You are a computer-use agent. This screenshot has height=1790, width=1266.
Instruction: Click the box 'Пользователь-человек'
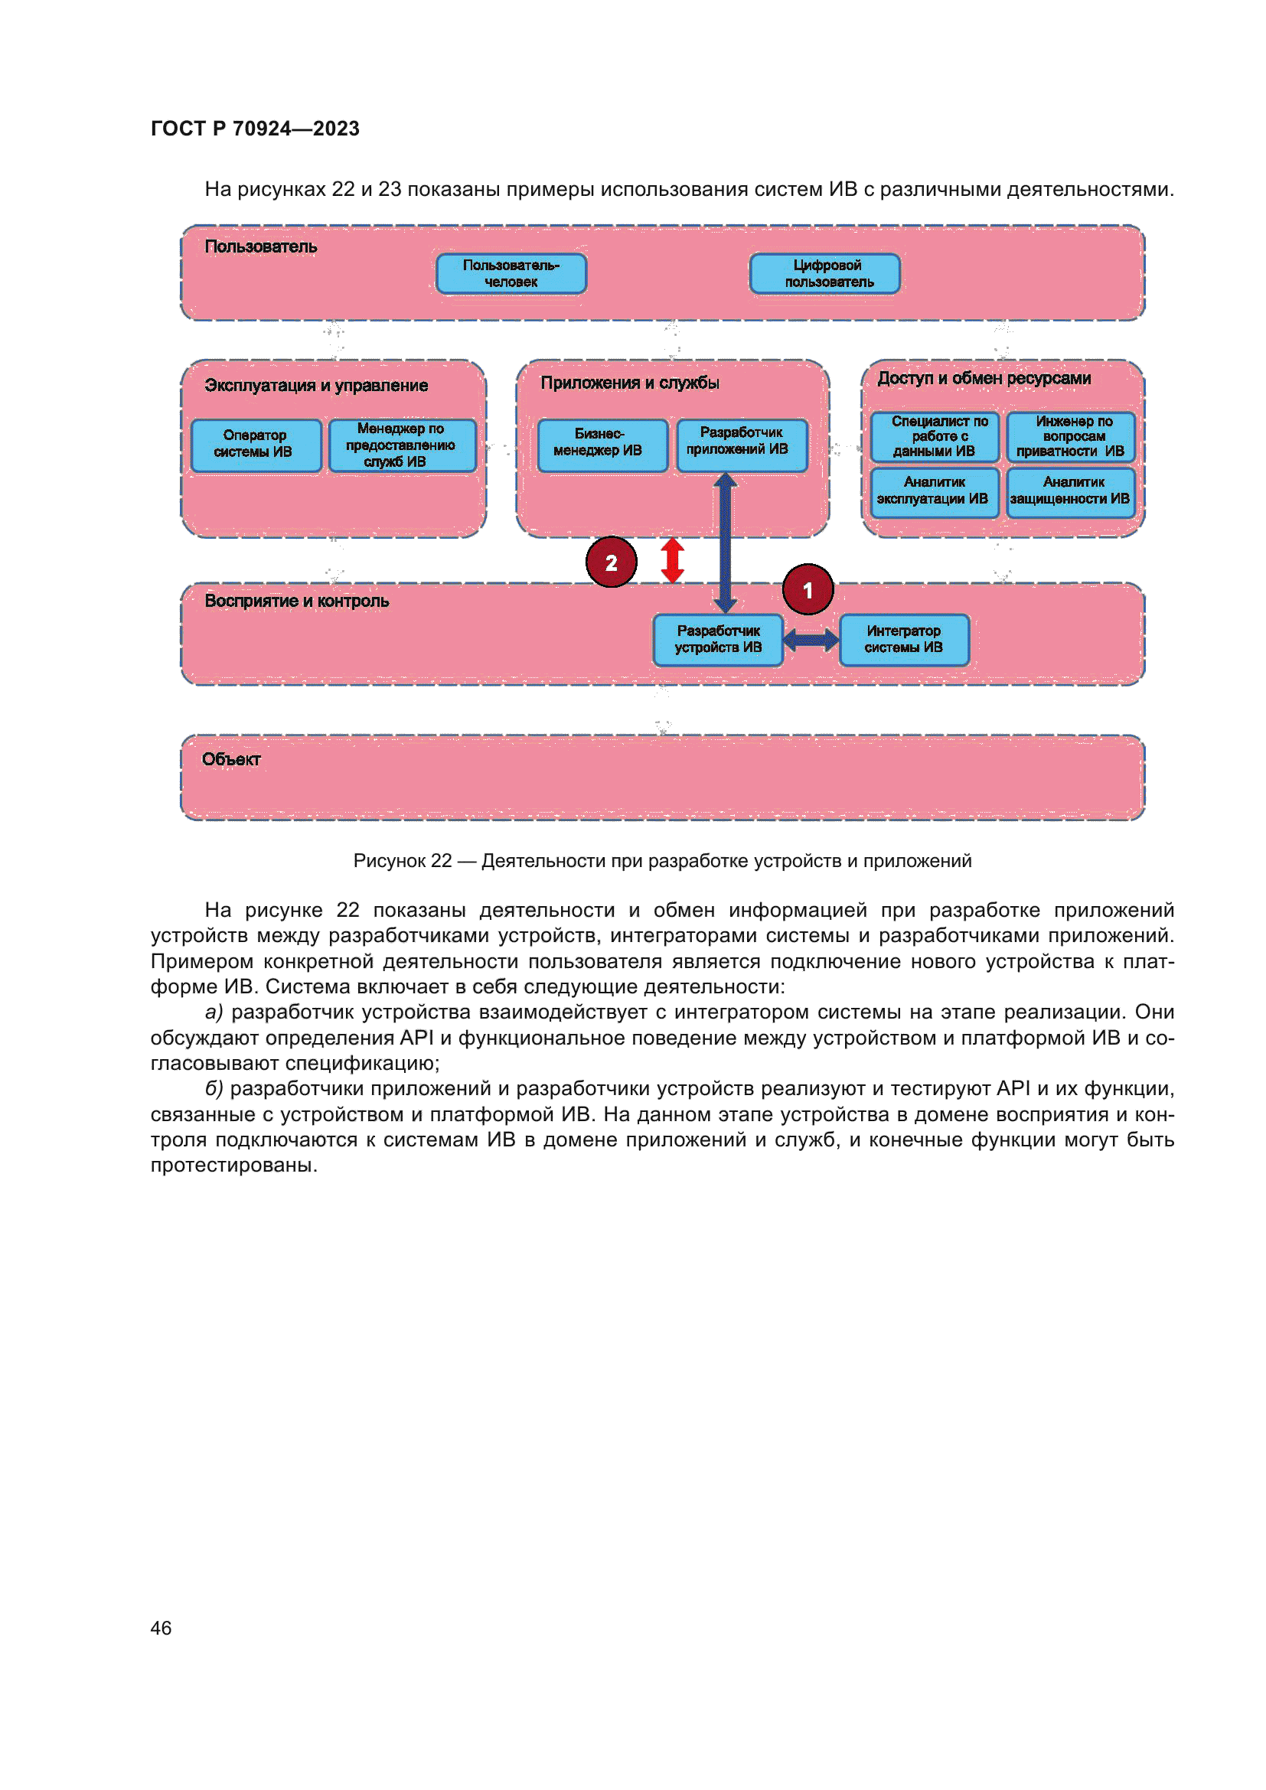[x=511, y=274]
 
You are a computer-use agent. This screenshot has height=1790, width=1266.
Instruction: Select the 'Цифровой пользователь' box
[x=825, y=274]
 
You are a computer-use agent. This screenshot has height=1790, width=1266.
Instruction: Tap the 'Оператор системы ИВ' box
[x=256, y=445]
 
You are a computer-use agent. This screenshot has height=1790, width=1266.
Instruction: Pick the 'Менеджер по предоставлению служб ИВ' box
[x=402, y=445]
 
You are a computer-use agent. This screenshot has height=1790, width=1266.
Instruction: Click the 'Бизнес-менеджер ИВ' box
[x=602, y=445]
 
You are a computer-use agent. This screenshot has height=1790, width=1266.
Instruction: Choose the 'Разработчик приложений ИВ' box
[x=742, y=445]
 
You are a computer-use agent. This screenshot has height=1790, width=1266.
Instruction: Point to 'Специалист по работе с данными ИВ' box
[x=934, y=436]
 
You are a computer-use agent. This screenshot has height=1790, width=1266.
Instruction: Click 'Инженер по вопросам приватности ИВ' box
[x=1070, y=436]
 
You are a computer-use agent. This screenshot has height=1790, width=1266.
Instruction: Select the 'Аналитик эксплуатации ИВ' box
[x=934, y=492]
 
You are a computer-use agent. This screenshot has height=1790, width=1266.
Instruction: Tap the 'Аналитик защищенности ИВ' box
[x=1070, y=492]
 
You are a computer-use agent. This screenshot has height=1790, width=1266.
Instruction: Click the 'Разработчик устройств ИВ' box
[x=718, y=640]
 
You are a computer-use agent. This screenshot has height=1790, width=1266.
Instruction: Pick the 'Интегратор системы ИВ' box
[x=904, y=640]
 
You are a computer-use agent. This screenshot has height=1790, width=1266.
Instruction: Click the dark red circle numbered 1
[x=808, y=590]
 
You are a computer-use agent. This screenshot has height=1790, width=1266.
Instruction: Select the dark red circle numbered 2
[x=611, y=562]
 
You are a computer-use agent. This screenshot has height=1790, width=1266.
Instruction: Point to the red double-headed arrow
[x=672, y=560]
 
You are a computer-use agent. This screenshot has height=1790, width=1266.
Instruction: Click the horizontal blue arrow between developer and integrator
[x=811, y=641]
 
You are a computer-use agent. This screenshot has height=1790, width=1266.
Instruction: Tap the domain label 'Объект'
[x=230, y=759]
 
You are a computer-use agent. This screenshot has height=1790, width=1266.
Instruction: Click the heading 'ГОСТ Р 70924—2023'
[x=255, y=129]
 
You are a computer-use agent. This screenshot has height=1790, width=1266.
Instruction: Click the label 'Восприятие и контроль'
[x=296, y=601]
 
